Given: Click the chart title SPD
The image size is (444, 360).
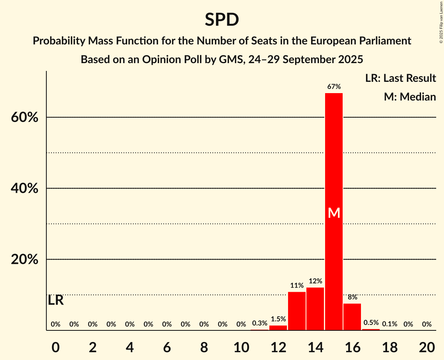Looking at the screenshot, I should (222, 19).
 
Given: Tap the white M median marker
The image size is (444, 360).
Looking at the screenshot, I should (334, 213).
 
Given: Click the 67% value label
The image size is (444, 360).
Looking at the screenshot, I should (334, 86).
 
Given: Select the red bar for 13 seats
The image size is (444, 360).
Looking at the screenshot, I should (297, 311).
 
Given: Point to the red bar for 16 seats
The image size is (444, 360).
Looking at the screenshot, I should (352, 316).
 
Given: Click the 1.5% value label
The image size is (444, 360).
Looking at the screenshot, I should (278, 319).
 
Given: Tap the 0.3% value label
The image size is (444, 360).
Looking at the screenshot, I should (260, 323).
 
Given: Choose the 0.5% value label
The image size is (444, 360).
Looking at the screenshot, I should (371, 323).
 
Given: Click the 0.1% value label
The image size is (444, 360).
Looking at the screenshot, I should (389, 324).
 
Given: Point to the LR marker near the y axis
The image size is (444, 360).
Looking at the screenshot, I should (56, 300).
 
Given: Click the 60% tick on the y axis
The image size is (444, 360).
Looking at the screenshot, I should (25, 117).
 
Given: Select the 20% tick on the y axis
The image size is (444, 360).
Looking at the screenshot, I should (25, 259).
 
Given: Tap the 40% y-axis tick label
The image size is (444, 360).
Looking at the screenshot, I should (25, 189).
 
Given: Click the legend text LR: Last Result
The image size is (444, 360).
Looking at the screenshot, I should (400, 78).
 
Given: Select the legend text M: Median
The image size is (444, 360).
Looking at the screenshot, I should (410, 97).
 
